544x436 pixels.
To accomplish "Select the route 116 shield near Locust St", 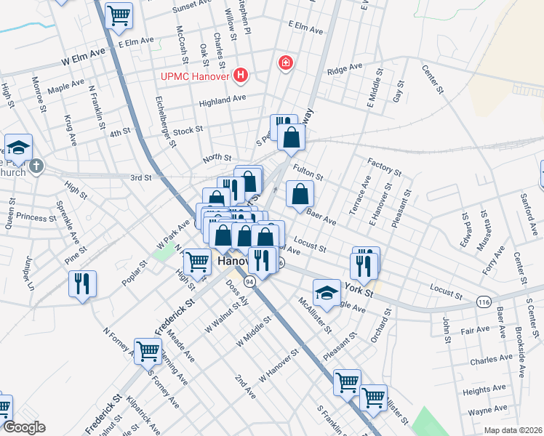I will tap(484, 301).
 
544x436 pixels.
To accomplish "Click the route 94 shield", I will tap(250, 280).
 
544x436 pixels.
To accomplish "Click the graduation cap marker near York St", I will tap(327, 293).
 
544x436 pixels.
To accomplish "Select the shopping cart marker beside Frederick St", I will tap(148, 351).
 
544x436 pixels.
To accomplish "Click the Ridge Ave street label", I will tap(344, 69).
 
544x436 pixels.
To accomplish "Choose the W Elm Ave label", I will tap(84, 57).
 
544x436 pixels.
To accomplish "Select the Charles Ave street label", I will tap(491, 360).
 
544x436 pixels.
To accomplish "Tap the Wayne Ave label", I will tap(488, 411).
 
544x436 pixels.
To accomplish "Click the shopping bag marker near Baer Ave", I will tap(300, 193).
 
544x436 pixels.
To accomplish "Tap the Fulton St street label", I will tap(307, 173).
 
